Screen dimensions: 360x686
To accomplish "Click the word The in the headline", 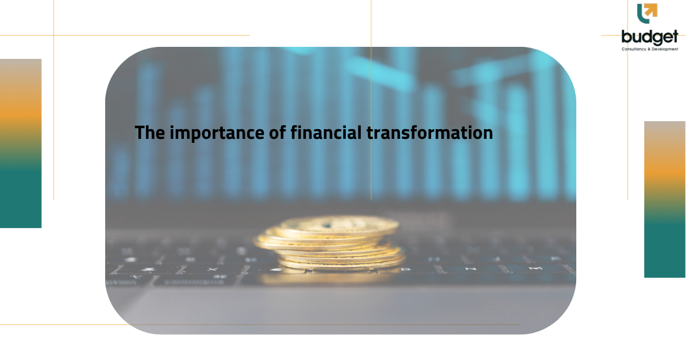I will click(x=150, y=133).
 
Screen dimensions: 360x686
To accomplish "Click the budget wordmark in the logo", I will click(x=649, y=37).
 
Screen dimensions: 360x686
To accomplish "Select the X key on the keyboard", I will click(x=213, y=269).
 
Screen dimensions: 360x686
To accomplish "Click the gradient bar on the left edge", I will click(x=21, y=143).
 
